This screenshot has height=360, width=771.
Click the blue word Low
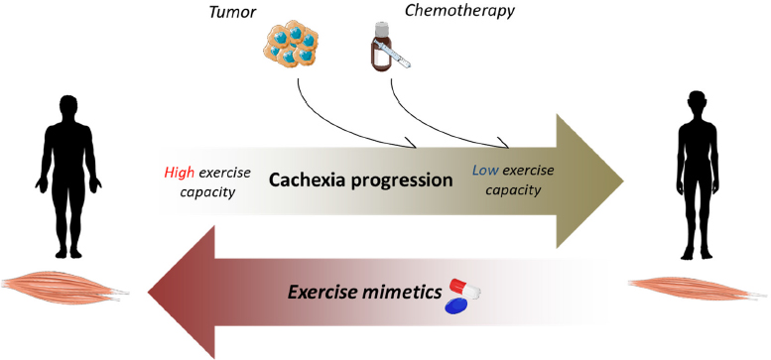click(x=485, y=170)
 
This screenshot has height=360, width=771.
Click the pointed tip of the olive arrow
click(x=622, y=179)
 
